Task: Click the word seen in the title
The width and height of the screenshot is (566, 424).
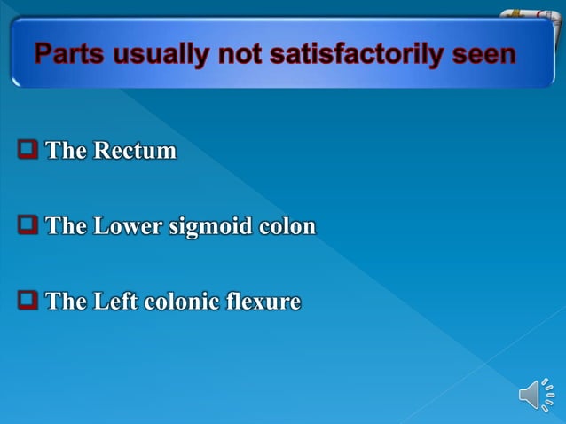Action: tap(483, 55)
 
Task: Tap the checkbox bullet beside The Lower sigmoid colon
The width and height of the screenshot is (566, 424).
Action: tap(28, 225)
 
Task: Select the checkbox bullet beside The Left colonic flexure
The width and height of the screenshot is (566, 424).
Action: tap(28, 301)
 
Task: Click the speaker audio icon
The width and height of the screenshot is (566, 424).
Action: tap(536, 395)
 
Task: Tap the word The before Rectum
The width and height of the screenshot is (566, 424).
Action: tap(66, 151)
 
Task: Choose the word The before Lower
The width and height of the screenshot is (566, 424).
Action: tap(66, 226)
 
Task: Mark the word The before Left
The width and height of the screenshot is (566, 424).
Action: tap(66, 302)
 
